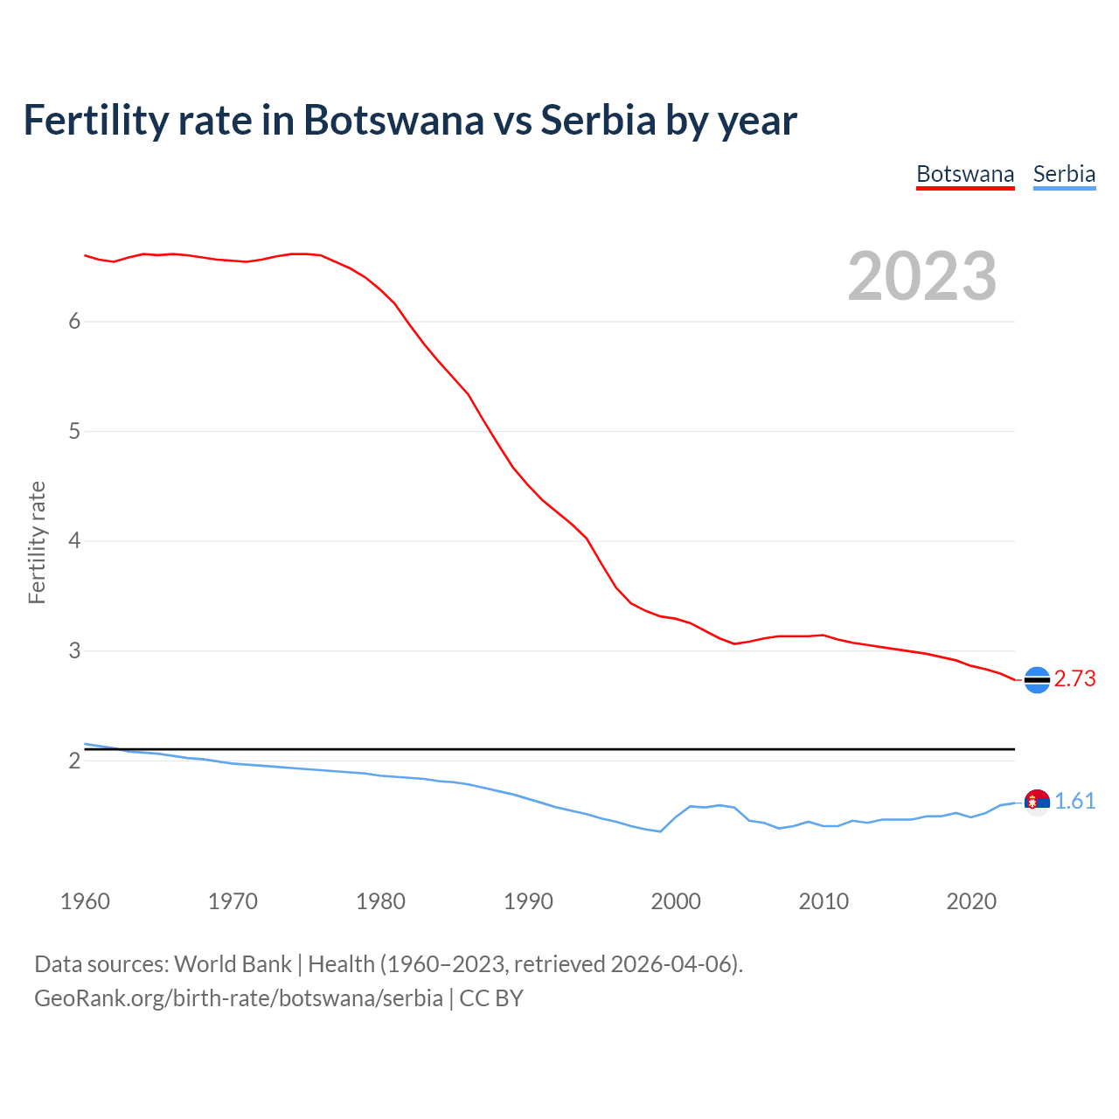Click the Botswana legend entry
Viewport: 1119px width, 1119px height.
(x=965, y=175)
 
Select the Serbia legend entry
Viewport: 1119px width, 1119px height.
(x=1064, y=175)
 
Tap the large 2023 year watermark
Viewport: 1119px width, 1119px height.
(x=922, y=276)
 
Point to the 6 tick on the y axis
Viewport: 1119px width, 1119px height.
(x=74, y=322)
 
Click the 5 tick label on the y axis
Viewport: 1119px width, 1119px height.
(x=74, y=431)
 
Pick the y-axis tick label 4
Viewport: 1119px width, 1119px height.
(x=74, y=541)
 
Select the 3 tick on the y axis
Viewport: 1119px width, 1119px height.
(x=74, y=651)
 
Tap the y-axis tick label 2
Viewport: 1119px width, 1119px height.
(x=74, y=761)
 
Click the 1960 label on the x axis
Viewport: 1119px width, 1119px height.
(x=85, y=901)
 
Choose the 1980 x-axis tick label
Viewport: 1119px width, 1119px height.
(x=380, y=901)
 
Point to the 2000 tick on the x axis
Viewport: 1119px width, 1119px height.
(x=676, y=901)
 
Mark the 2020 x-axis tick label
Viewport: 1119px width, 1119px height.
(x=971, y=901)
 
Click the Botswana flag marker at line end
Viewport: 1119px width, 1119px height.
(x=1037, y=679)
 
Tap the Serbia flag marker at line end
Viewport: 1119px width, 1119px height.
(x=1037, y=802)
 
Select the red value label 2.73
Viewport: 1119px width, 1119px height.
(x=1074, y=679)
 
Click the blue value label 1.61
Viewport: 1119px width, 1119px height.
(x=1074, y=802)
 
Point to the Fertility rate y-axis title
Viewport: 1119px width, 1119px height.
(x=37, y=542)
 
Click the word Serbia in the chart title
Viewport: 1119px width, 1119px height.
(x=598, y=121)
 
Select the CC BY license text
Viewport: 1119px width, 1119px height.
(x=491, y=998)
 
